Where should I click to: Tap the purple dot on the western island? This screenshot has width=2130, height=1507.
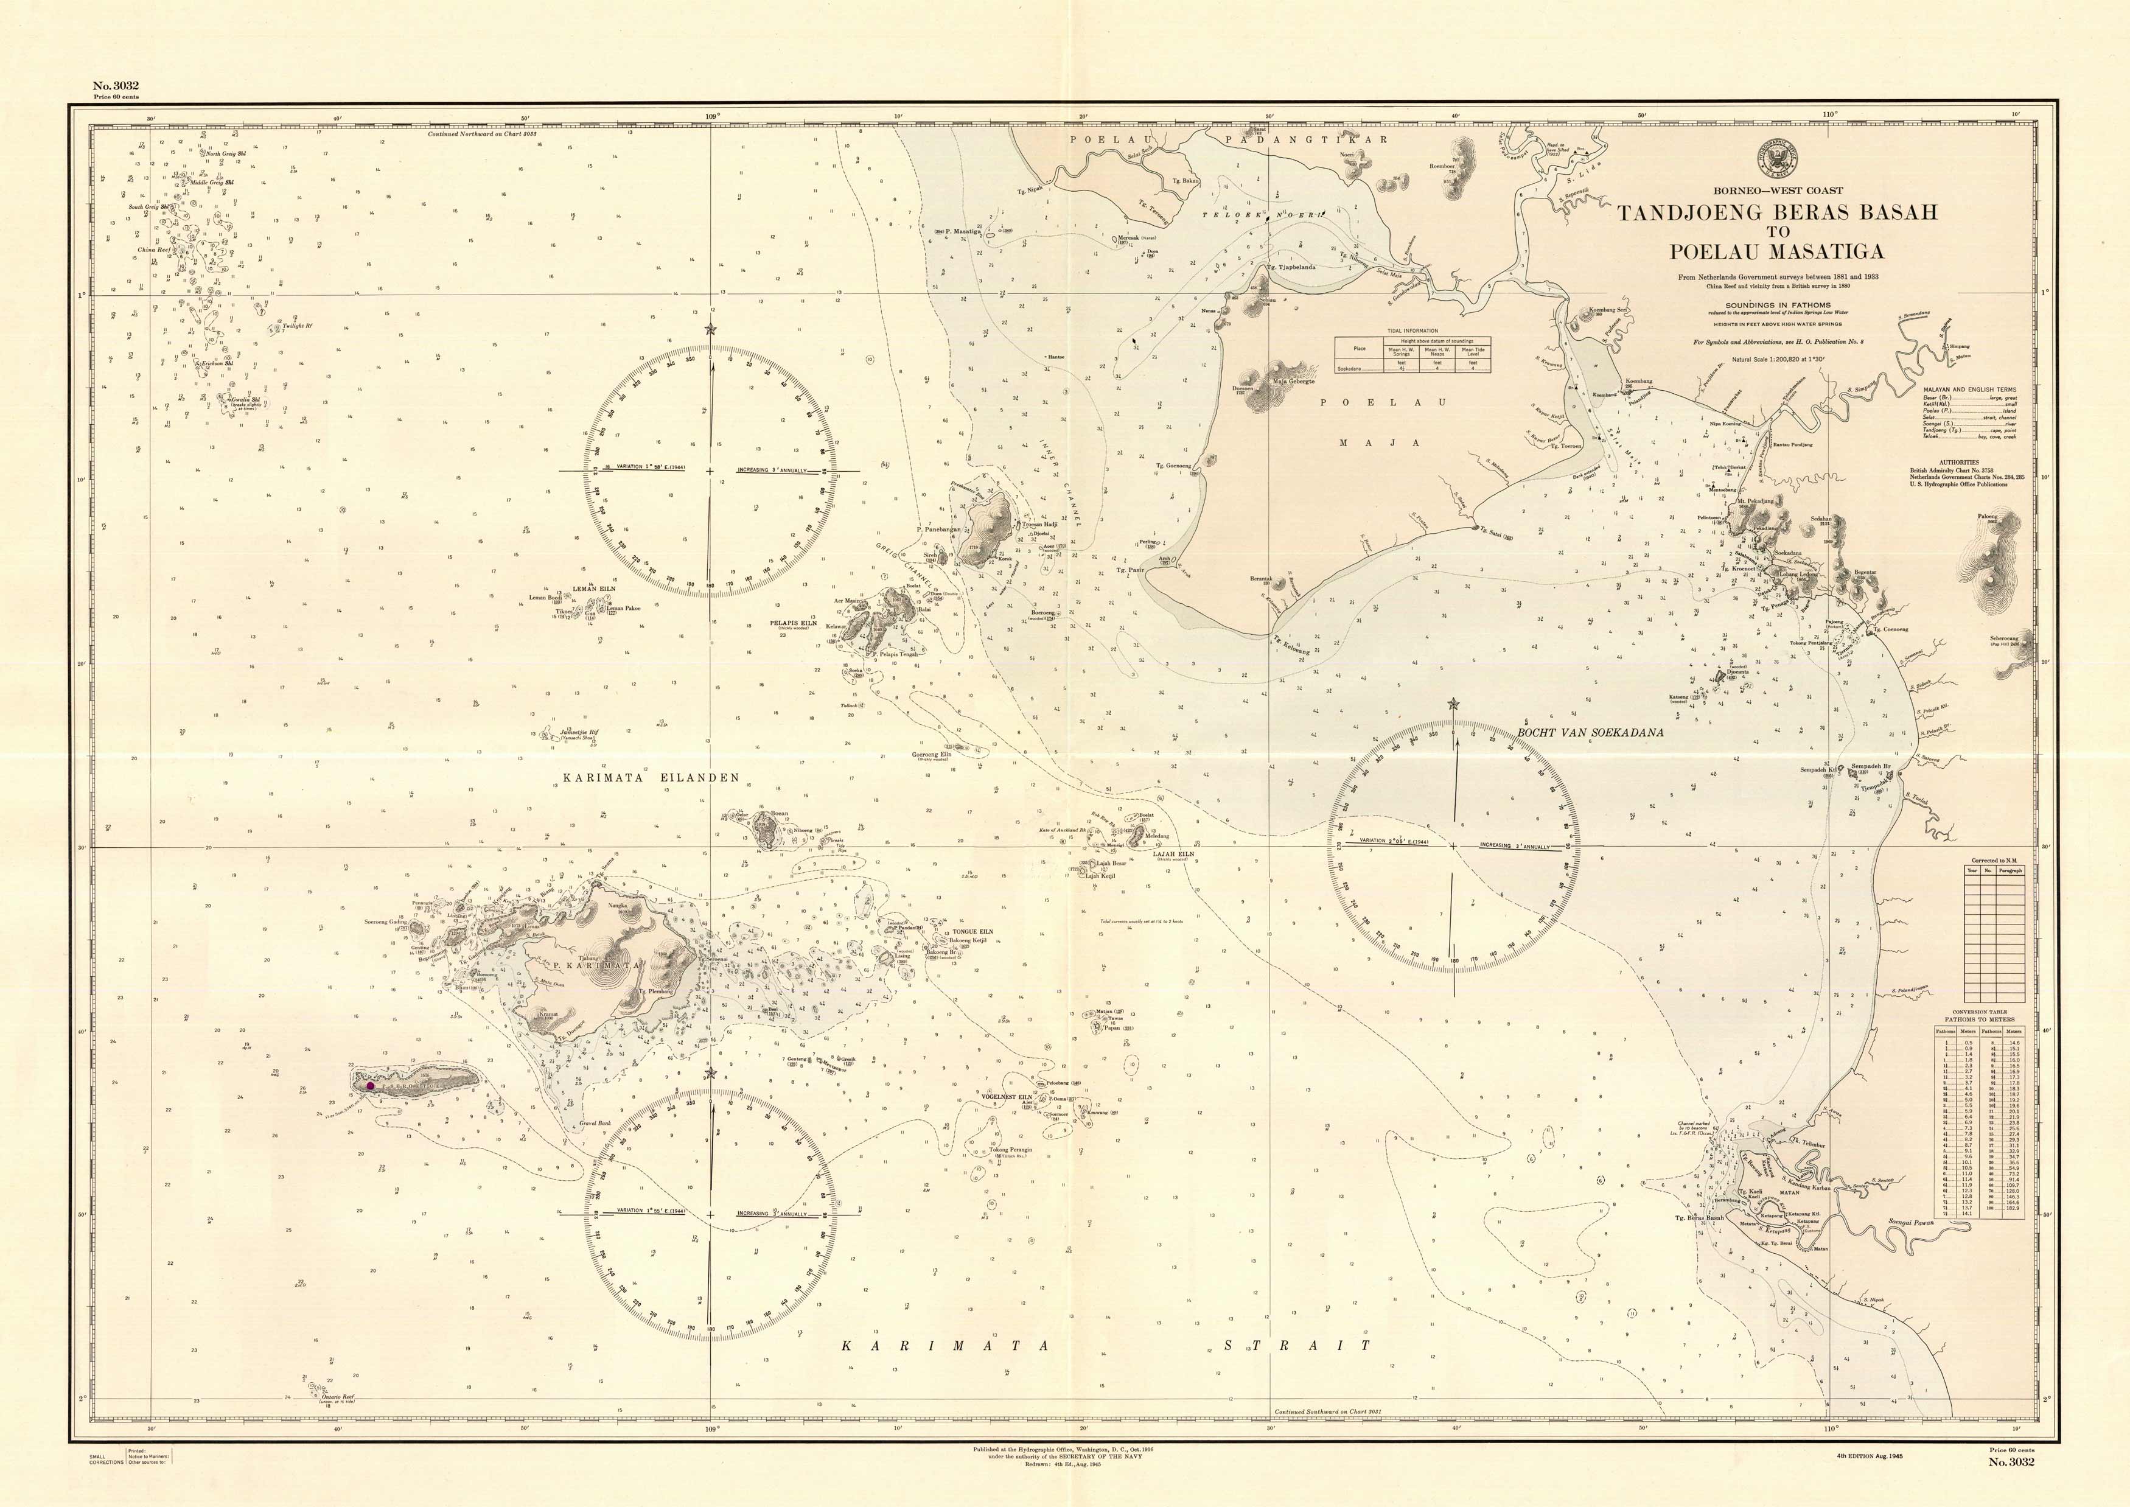pyautogui.click(x=370, y=1085)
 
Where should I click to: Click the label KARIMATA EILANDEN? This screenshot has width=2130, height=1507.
pyautogui.click(x=651, y=778)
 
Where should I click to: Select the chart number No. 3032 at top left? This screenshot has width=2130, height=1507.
pyautogui.click(x=116, y=85)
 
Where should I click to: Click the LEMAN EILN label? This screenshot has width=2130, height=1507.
pyautogui.click(x=594, y=589)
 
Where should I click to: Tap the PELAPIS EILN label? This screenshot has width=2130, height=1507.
pyautogui.click(x=793, y=623)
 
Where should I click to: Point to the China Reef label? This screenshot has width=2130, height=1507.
pyautogui.click(x=154, y=250)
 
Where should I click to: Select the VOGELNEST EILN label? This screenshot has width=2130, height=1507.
pyautogui.click(x=1005, y=1097)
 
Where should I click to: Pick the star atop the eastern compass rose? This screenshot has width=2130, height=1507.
pyautogui.click(x=1453, y=704)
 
